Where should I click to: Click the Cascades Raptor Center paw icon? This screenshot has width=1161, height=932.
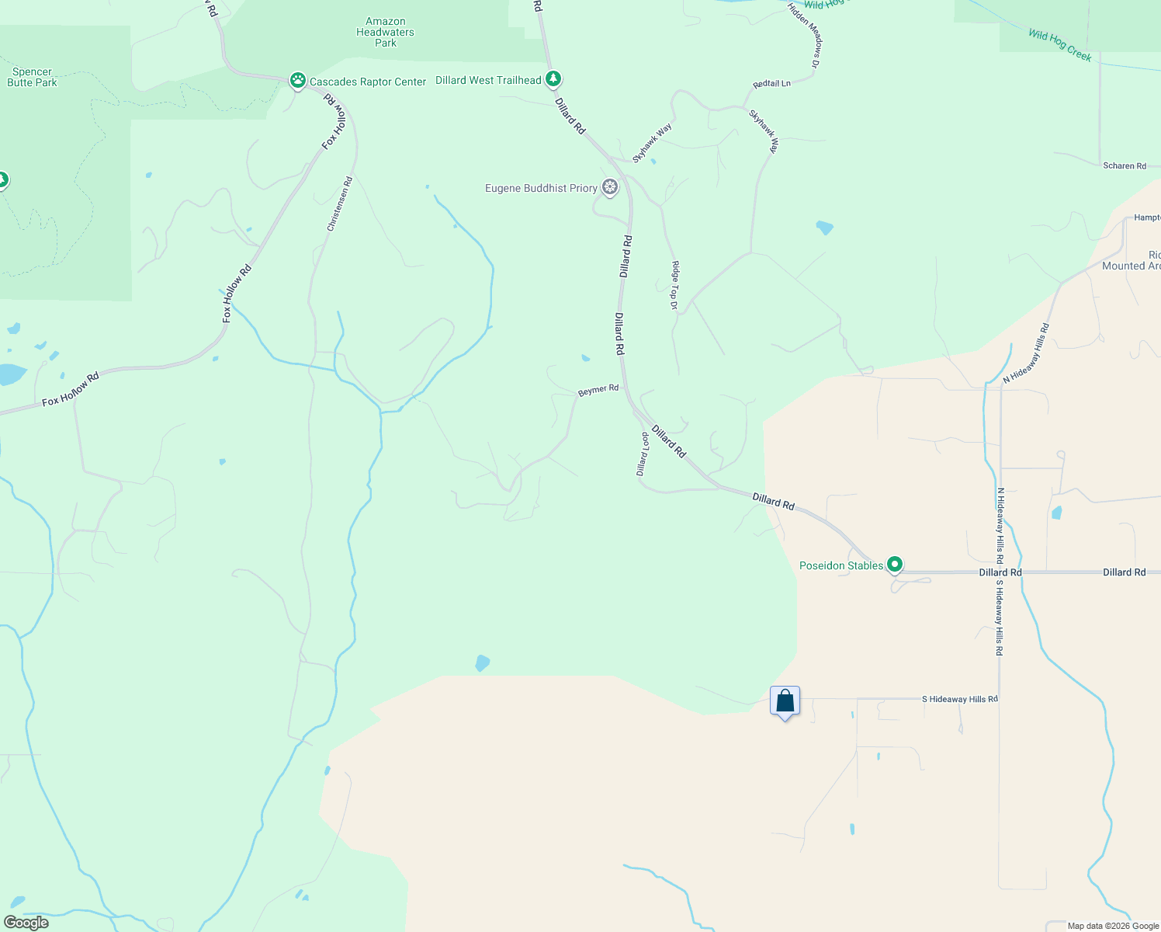point(297,80)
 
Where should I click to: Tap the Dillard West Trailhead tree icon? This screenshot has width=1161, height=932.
point(553,78)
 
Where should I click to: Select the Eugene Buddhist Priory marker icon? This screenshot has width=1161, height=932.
point(611,187)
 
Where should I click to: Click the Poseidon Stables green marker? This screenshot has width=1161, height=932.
point(895,565)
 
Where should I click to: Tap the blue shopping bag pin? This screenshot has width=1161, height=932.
point(785,701)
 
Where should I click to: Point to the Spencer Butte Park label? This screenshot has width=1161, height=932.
point(32,77)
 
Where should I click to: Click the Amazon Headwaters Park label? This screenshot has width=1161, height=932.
point(385,33)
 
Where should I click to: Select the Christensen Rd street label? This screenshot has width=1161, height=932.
point(340,204)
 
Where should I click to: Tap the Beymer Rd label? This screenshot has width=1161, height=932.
point(598,390)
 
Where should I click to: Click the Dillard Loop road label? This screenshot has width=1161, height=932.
point(643,454)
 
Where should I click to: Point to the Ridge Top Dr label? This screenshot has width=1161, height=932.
point(675,285)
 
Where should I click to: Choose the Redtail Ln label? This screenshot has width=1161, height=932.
point(771,84)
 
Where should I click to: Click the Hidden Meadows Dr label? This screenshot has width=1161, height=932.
point(804,35)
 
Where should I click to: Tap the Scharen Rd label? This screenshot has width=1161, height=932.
point(1125,166)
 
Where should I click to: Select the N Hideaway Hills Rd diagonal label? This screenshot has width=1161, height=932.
point(1026,353)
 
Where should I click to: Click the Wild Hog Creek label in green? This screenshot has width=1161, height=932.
point(1059,45)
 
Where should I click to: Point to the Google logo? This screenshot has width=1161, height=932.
point(26,923)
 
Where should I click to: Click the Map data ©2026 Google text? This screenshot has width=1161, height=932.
point(1113,926)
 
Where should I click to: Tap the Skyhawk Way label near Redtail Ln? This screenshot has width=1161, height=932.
point(763,130)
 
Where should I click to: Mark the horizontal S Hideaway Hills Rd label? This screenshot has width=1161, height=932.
point(959,699)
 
